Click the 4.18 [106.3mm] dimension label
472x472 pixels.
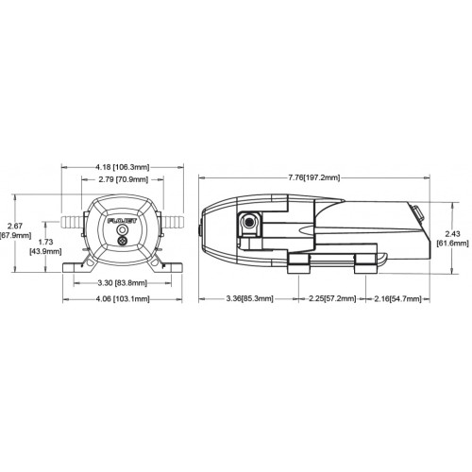(x=123, y=167)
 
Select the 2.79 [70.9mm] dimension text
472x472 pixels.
(x=123, y=179)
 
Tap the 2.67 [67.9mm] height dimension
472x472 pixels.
(x=15, y=230)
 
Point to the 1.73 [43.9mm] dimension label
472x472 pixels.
(x=45, y=246)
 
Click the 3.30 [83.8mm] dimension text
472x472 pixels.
(x=122, y=283)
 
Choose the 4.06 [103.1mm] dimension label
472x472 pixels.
(x=123, y=298)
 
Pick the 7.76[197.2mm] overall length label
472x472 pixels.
(x=314, y=177)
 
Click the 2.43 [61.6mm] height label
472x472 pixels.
(x=453, y=239)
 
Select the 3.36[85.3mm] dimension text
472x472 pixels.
(x=250, y=298)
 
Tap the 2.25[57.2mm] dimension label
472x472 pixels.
(x=332, y=298)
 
